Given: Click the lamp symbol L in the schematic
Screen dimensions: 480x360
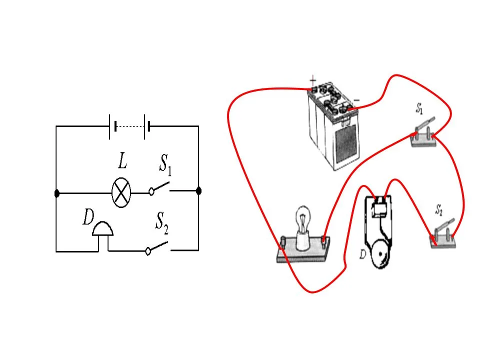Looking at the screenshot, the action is [121, 193].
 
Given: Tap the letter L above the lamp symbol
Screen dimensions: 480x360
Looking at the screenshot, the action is [123, 160].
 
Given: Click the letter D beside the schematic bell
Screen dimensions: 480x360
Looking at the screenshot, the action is [88, 217].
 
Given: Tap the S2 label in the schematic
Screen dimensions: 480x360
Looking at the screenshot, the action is [162, 223].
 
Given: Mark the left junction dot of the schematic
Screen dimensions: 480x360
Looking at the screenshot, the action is [56, 193].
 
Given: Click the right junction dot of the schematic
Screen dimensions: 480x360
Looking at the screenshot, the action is [198, 191].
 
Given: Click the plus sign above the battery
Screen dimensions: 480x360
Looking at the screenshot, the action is [313, 81].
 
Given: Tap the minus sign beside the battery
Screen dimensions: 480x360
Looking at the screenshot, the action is [356, 100].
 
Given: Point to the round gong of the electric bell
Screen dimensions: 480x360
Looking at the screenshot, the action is [380, 253].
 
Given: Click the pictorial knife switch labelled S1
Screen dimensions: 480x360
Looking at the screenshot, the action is [423, 134].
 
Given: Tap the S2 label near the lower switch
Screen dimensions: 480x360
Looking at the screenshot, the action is [439, 210].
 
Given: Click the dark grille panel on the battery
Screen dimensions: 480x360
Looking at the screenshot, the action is [346, 145].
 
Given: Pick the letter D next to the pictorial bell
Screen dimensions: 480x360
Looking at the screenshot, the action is [362, 254].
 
